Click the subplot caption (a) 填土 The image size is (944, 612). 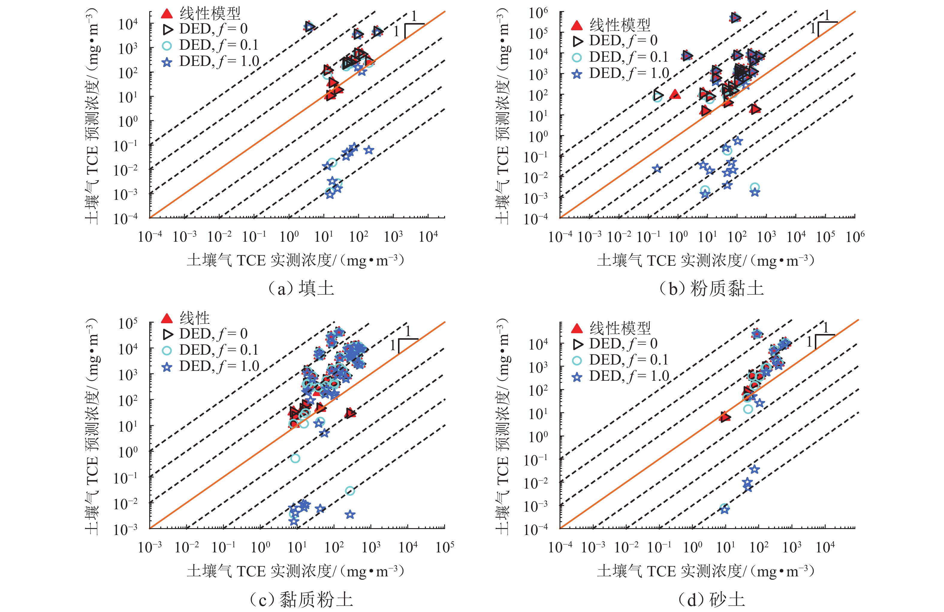point(301,288)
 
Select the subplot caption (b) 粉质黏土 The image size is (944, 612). point(711,288)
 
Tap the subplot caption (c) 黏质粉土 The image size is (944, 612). point(301,599)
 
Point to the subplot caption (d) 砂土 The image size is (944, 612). point(711,599)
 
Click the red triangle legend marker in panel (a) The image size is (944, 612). point(167,14)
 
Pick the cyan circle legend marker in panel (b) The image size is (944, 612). point(577,58)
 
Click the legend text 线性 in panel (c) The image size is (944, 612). point(194,318)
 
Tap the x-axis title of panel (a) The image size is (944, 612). point(295,260)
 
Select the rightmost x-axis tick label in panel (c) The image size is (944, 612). point(445,547)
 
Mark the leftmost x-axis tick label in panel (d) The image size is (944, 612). point(560,547)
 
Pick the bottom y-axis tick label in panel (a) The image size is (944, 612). point(125,218)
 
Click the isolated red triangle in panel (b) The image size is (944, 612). point(675,94)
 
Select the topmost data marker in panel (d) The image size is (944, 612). point(757,334)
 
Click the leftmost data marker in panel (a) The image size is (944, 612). point(309,27)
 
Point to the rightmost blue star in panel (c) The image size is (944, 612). point(350,514)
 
